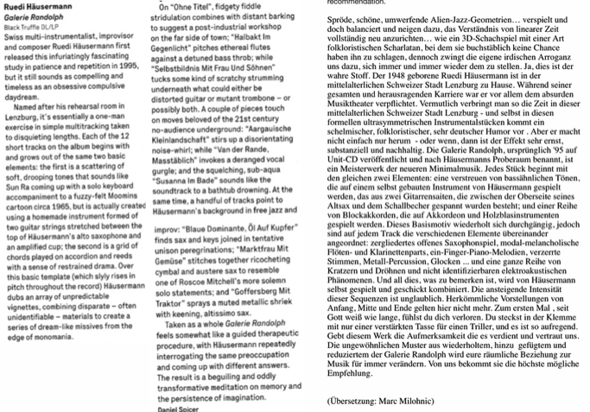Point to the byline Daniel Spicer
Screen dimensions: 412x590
click(x=157, y=407)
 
